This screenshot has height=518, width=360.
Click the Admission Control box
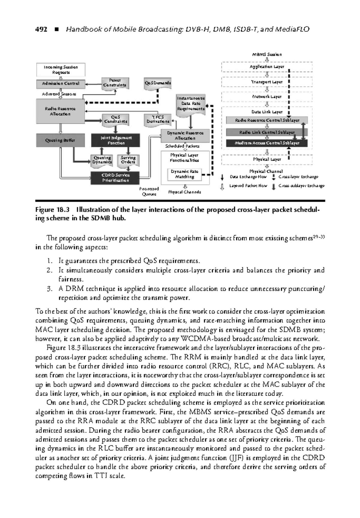[x=61, y=84]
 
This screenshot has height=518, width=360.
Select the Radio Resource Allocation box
[x=60, y=111]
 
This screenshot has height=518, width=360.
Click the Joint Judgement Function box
[x=116, y=140]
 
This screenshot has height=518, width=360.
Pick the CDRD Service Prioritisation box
[x=115, y=178]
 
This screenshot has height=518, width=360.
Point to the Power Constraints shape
[x=115, y=83]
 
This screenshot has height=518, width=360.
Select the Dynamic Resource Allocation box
[x=185, y=136]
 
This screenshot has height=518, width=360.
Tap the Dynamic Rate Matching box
[x=184, y=174]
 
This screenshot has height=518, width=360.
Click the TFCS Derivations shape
[x=158, y=119]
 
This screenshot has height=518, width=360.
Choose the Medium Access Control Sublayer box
[x=267, y=143]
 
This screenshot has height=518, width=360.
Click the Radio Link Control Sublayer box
[x=267, y=132]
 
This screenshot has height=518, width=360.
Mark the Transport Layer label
[x=267, y=82]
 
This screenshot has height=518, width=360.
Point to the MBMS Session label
[x=267, y=55]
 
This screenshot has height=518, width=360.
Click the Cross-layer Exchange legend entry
[x=298, y=177]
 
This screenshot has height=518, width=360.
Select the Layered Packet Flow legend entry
[x=248, y=186]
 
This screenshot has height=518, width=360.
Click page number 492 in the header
[x=41, y=29]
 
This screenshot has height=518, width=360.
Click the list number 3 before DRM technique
[x=49, y=289]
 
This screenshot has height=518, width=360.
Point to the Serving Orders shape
[x=128, y=160]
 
